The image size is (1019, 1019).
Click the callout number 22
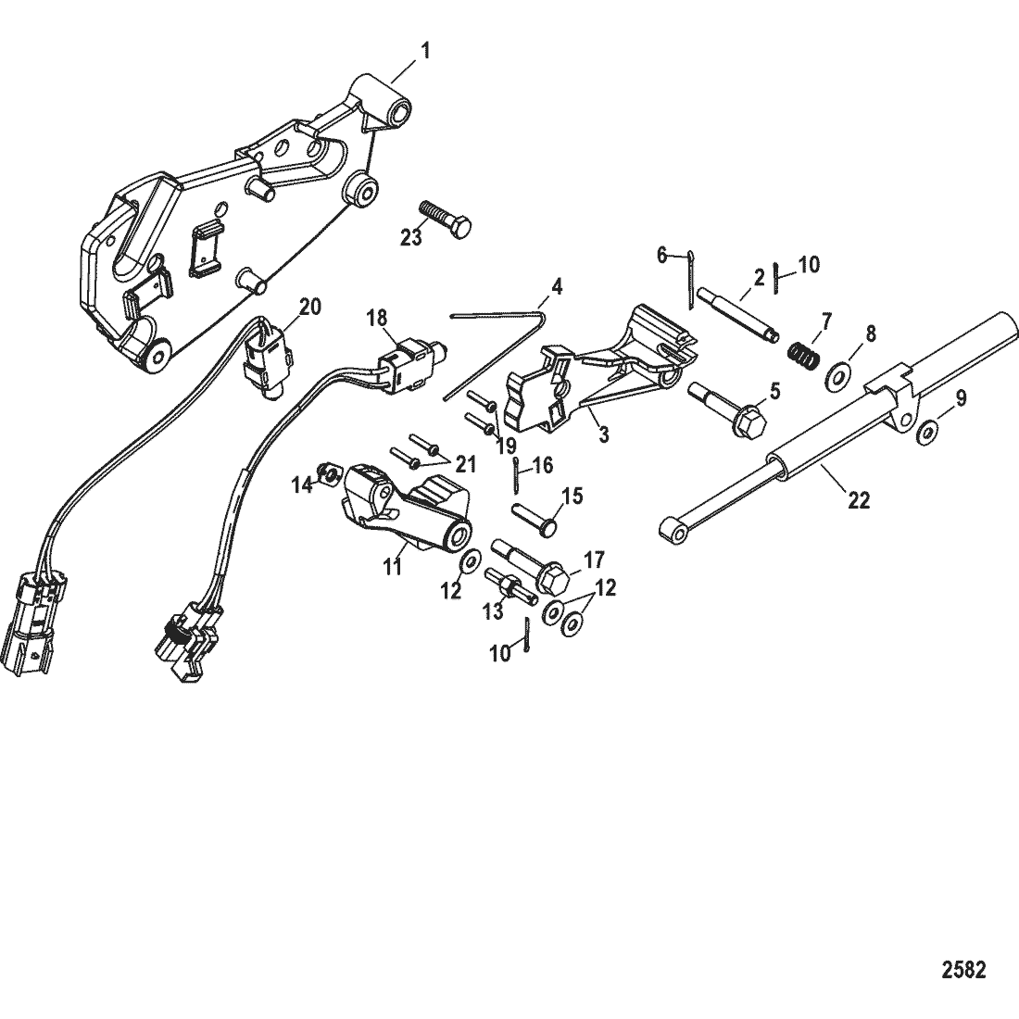coord(859,500)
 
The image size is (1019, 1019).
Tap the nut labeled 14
coord(326,476)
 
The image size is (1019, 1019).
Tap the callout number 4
coord(556,287)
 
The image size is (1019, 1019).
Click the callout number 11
coord(394,567)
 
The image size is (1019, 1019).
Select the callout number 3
coord(603,433)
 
